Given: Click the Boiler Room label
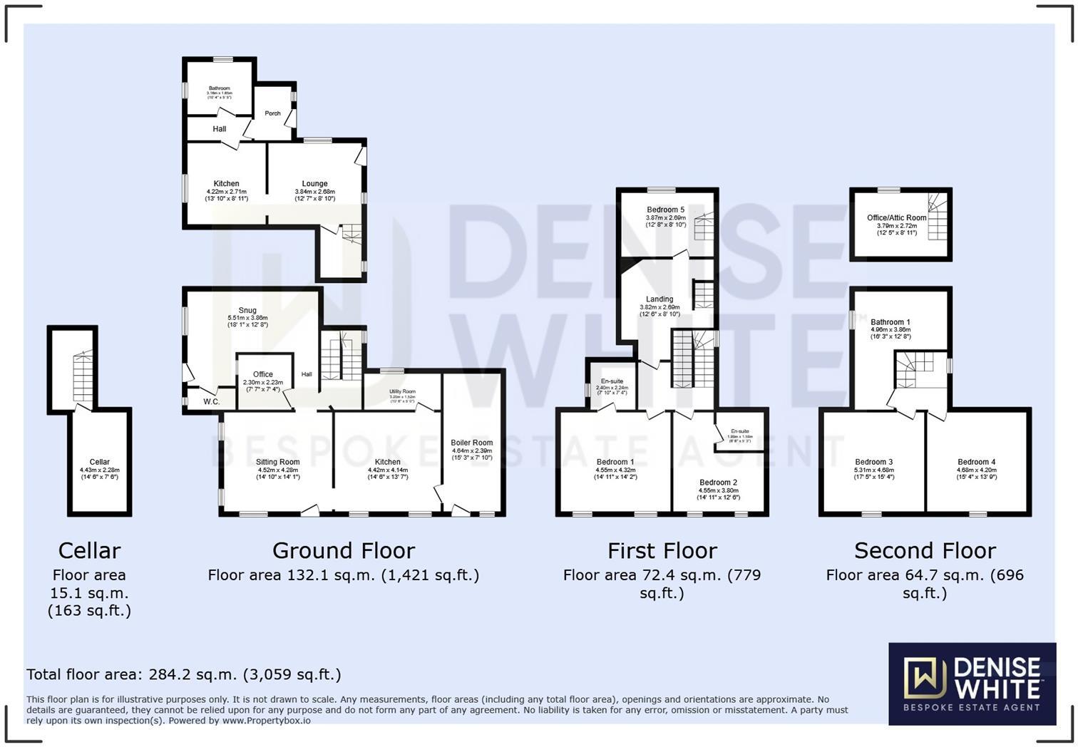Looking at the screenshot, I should tap(472, 443).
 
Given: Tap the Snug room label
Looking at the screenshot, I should tap(247, 310).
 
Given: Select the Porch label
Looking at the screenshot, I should tap(272, 113).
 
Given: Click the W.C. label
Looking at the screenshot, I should tap(211, 402).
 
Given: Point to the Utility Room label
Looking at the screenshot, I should tap(402, 391).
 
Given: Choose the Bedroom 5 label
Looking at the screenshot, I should tap(665, 210).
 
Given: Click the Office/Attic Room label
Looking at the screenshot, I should tap(896, 218).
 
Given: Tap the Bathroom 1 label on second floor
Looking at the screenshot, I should tap(890, 322).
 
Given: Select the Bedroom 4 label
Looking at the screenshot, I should tap(977, 462).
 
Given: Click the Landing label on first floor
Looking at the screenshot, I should tap(659, 299).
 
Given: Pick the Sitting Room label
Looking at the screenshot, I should tap(278, 462).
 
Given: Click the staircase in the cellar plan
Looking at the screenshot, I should tap(83, 376).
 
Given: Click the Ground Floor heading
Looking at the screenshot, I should tap(343, 551).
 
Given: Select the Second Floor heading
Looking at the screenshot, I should tap(925, 551).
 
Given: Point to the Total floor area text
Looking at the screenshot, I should tap(184, 674).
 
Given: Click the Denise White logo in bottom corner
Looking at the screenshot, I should tap(972, 684).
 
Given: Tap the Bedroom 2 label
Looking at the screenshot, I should tap(718, 483).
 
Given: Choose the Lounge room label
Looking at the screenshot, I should tap(314, 184).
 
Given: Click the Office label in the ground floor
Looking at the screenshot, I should tap(263, 374).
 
